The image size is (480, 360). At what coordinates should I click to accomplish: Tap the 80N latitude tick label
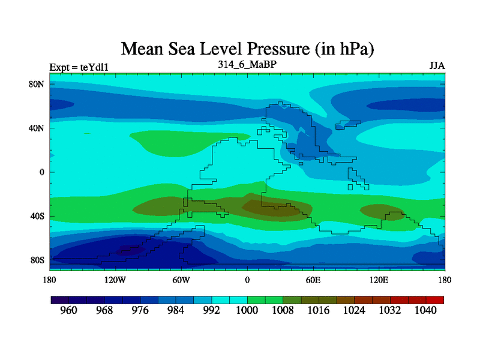click(x=37, y=84)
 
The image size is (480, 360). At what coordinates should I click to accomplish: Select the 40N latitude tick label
click(x=37, y=128)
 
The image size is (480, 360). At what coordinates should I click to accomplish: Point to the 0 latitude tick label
click(x=42, y=172)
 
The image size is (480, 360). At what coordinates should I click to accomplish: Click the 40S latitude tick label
click(x=37, y=216)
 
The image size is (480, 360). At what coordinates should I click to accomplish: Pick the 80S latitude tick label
click(x=37, y=260)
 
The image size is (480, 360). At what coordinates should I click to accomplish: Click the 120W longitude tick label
click(x=115, y=280)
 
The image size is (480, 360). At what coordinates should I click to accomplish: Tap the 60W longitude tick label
click(x=181, y=280)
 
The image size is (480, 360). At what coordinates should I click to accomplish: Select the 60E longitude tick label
click(x=313, y=280)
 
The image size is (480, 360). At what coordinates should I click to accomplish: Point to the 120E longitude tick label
click(x=379, y=280)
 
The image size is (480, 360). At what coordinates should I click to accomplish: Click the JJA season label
click(x=437, y=65)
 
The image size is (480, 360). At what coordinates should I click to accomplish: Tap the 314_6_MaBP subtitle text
click(x=247, y=64)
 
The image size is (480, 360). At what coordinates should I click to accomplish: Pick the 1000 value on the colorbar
click(x=247, y=311)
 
